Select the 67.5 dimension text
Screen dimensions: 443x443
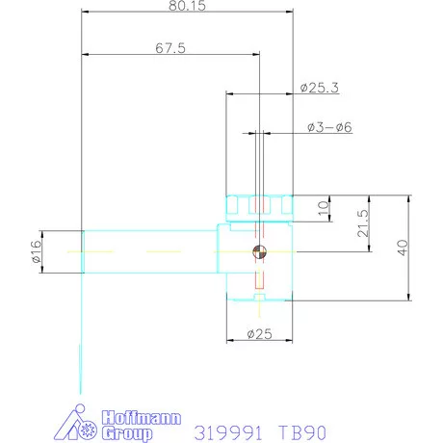[x=169, y=47]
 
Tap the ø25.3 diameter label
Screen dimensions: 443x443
[x=320, y=88]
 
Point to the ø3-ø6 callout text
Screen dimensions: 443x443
[x=329, y=127]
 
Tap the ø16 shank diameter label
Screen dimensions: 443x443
[x=36, y=251]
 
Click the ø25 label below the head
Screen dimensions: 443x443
[x=257, y=334]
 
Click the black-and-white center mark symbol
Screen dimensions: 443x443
[x=259, y=252]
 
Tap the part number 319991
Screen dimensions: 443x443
[x=228, y=432]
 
